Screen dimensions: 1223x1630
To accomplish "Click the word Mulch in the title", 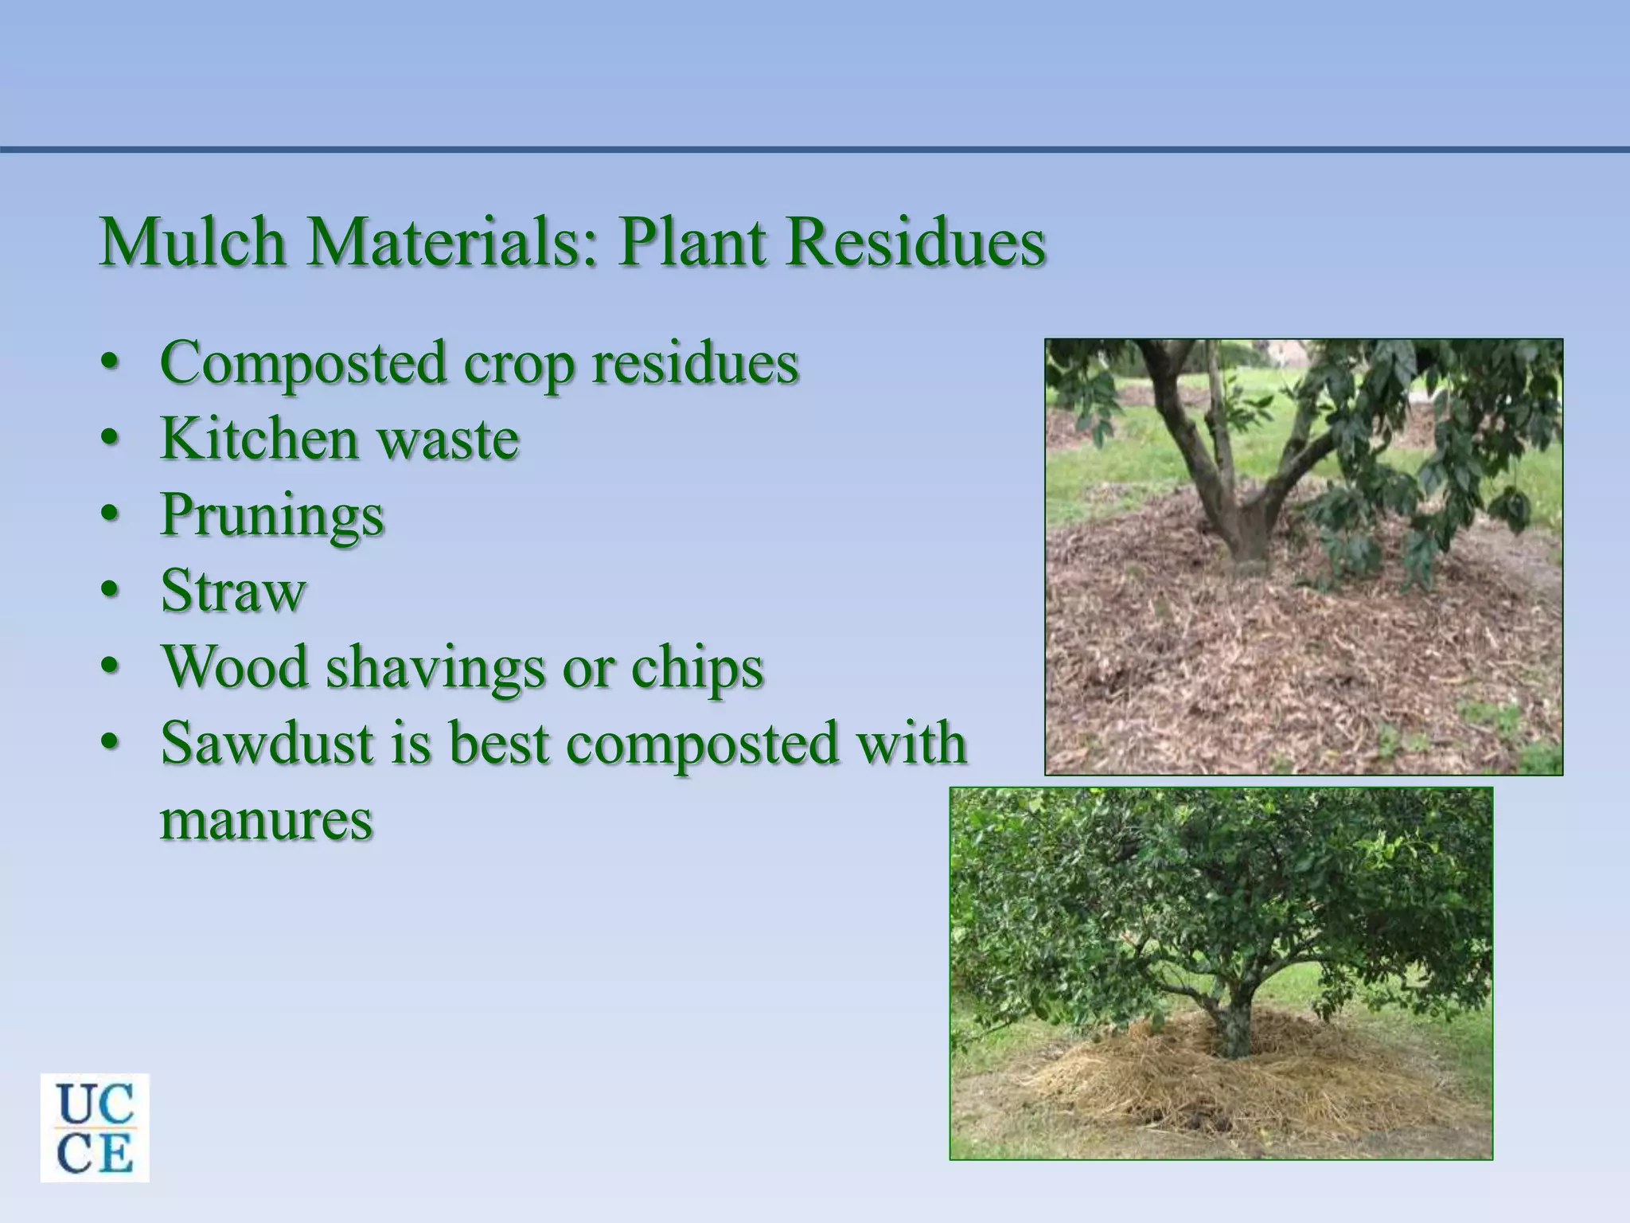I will click(x=192, y=242).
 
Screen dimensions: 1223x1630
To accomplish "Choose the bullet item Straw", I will click(x=233, y=591).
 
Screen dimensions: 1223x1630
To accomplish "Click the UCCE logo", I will click(x=95, y=1127).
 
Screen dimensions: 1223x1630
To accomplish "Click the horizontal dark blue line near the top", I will click(x=815, y=149).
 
